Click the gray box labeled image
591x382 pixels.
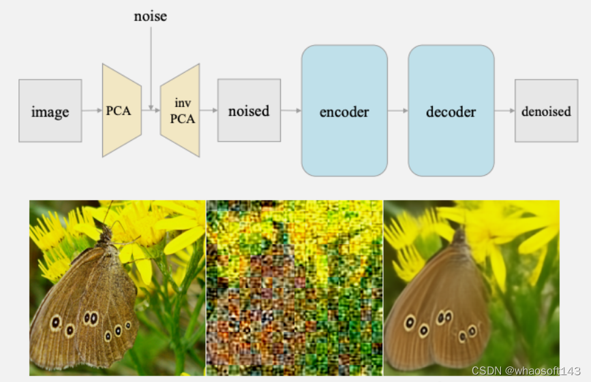point(50,110)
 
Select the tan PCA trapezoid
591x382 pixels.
point(121,110)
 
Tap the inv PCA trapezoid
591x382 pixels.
point(181,110)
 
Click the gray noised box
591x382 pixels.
point(249,110)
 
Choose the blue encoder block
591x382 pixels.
point(344,110)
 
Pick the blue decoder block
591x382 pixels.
point(451,110)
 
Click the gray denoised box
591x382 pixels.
point(545,110)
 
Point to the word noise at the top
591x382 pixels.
point(150,16)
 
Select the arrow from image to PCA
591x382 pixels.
point(92,110)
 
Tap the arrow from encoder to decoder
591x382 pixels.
point(398,110)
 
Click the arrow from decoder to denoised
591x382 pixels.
point(504,110)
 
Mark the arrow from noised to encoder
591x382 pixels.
point(291,110)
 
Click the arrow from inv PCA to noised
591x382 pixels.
point(209,110)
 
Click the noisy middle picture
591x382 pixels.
point(294,287)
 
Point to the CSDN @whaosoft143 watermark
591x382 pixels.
point(526,370)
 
